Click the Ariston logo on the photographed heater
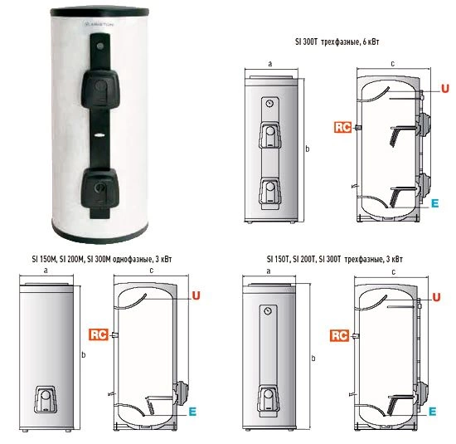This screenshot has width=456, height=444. (x=99, y=24)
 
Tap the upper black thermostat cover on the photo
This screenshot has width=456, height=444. (x=100, y=89)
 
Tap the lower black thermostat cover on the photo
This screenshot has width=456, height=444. (x=99, y=188)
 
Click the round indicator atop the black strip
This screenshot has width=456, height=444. (x=100, y=46)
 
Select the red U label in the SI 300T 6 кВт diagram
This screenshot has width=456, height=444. (x=445, y=88)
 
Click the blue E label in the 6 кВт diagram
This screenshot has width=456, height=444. (x=434, y=203)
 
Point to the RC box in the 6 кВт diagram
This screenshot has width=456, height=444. (x=343, y=127)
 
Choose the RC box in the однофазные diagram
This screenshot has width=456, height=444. (x=99, y=334)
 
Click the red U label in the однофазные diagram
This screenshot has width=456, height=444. (x=196, y=295)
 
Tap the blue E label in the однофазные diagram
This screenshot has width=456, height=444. (x=192, y=411)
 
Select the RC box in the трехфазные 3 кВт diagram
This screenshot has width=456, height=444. (x=339, y=335)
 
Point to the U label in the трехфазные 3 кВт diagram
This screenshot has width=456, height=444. (x=436, y=297)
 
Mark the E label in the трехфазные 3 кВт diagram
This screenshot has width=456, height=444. (x=433, y=411)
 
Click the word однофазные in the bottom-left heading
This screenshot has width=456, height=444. (x=133, y=259)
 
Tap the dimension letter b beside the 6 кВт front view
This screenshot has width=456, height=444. (x=307, y=149)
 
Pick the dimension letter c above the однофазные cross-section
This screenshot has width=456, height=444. (x=151, y=271)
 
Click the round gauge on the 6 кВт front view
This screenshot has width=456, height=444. (x=269, y=104)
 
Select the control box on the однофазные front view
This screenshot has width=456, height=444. (x=46, y=399)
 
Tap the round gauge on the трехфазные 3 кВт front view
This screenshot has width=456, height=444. (x=268, y=311)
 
